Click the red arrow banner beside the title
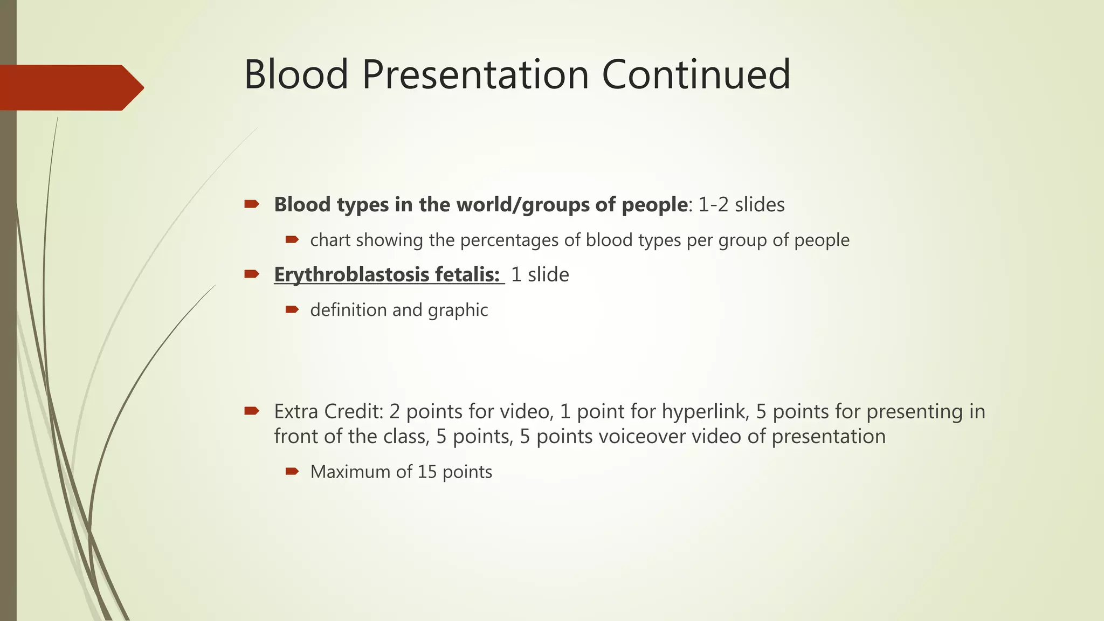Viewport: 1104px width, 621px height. pyautogui.click(x=70, y=88)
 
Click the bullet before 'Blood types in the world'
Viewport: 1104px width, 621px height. pyautogui.click(x=251, y=204)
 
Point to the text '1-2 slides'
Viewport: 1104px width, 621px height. pyautogui.click(x=741, y=205)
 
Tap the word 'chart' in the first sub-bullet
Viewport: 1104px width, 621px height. pyautogui.click(x=330, y=240)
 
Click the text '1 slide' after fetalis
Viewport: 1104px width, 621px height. pyautogui.click(x=540, y=275)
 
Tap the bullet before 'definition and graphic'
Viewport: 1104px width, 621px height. pyautogui.click(x=292, y=309)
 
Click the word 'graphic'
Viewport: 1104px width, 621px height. pyautogui.click(x=458, y=310)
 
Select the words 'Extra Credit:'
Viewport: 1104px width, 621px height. pyautogui.click(x=328, y=412)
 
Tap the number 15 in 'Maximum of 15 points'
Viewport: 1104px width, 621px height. pyautogui.click(x=426, y=472)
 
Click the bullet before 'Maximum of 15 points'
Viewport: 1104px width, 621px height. pyautogui.click(x=292, y=472)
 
